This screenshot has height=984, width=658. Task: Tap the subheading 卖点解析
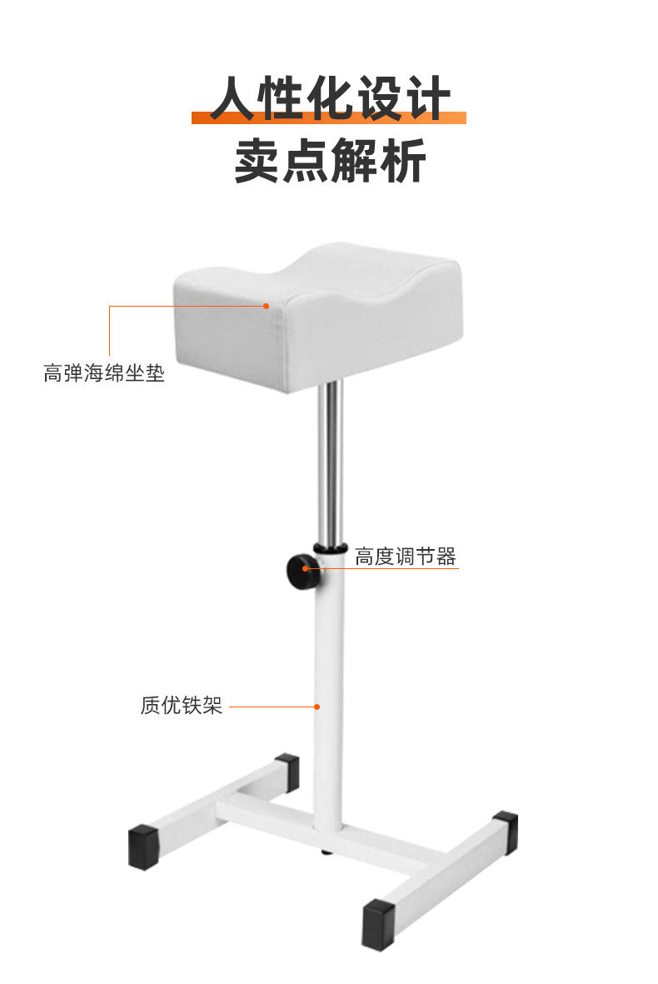tap(330, 160)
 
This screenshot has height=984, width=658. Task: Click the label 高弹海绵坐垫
tap(104, 372)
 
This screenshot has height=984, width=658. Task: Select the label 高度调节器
tap(406, 557)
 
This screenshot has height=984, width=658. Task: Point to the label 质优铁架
tap(182, 706)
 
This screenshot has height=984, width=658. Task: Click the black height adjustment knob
tap(300, 572)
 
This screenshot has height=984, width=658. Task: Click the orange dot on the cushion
tap(267, 306)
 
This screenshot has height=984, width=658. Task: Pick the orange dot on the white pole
tap(317, 707)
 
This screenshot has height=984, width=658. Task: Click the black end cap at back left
tap(287, 772)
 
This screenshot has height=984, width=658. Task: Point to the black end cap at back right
tap(505, 832)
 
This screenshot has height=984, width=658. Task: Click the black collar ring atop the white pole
tap(330, 548)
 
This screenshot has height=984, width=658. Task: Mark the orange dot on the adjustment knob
tap(306, 569)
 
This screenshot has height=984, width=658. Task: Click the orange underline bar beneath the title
tap(329, 117)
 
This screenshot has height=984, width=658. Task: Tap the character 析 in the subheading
tap(401, 160)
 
